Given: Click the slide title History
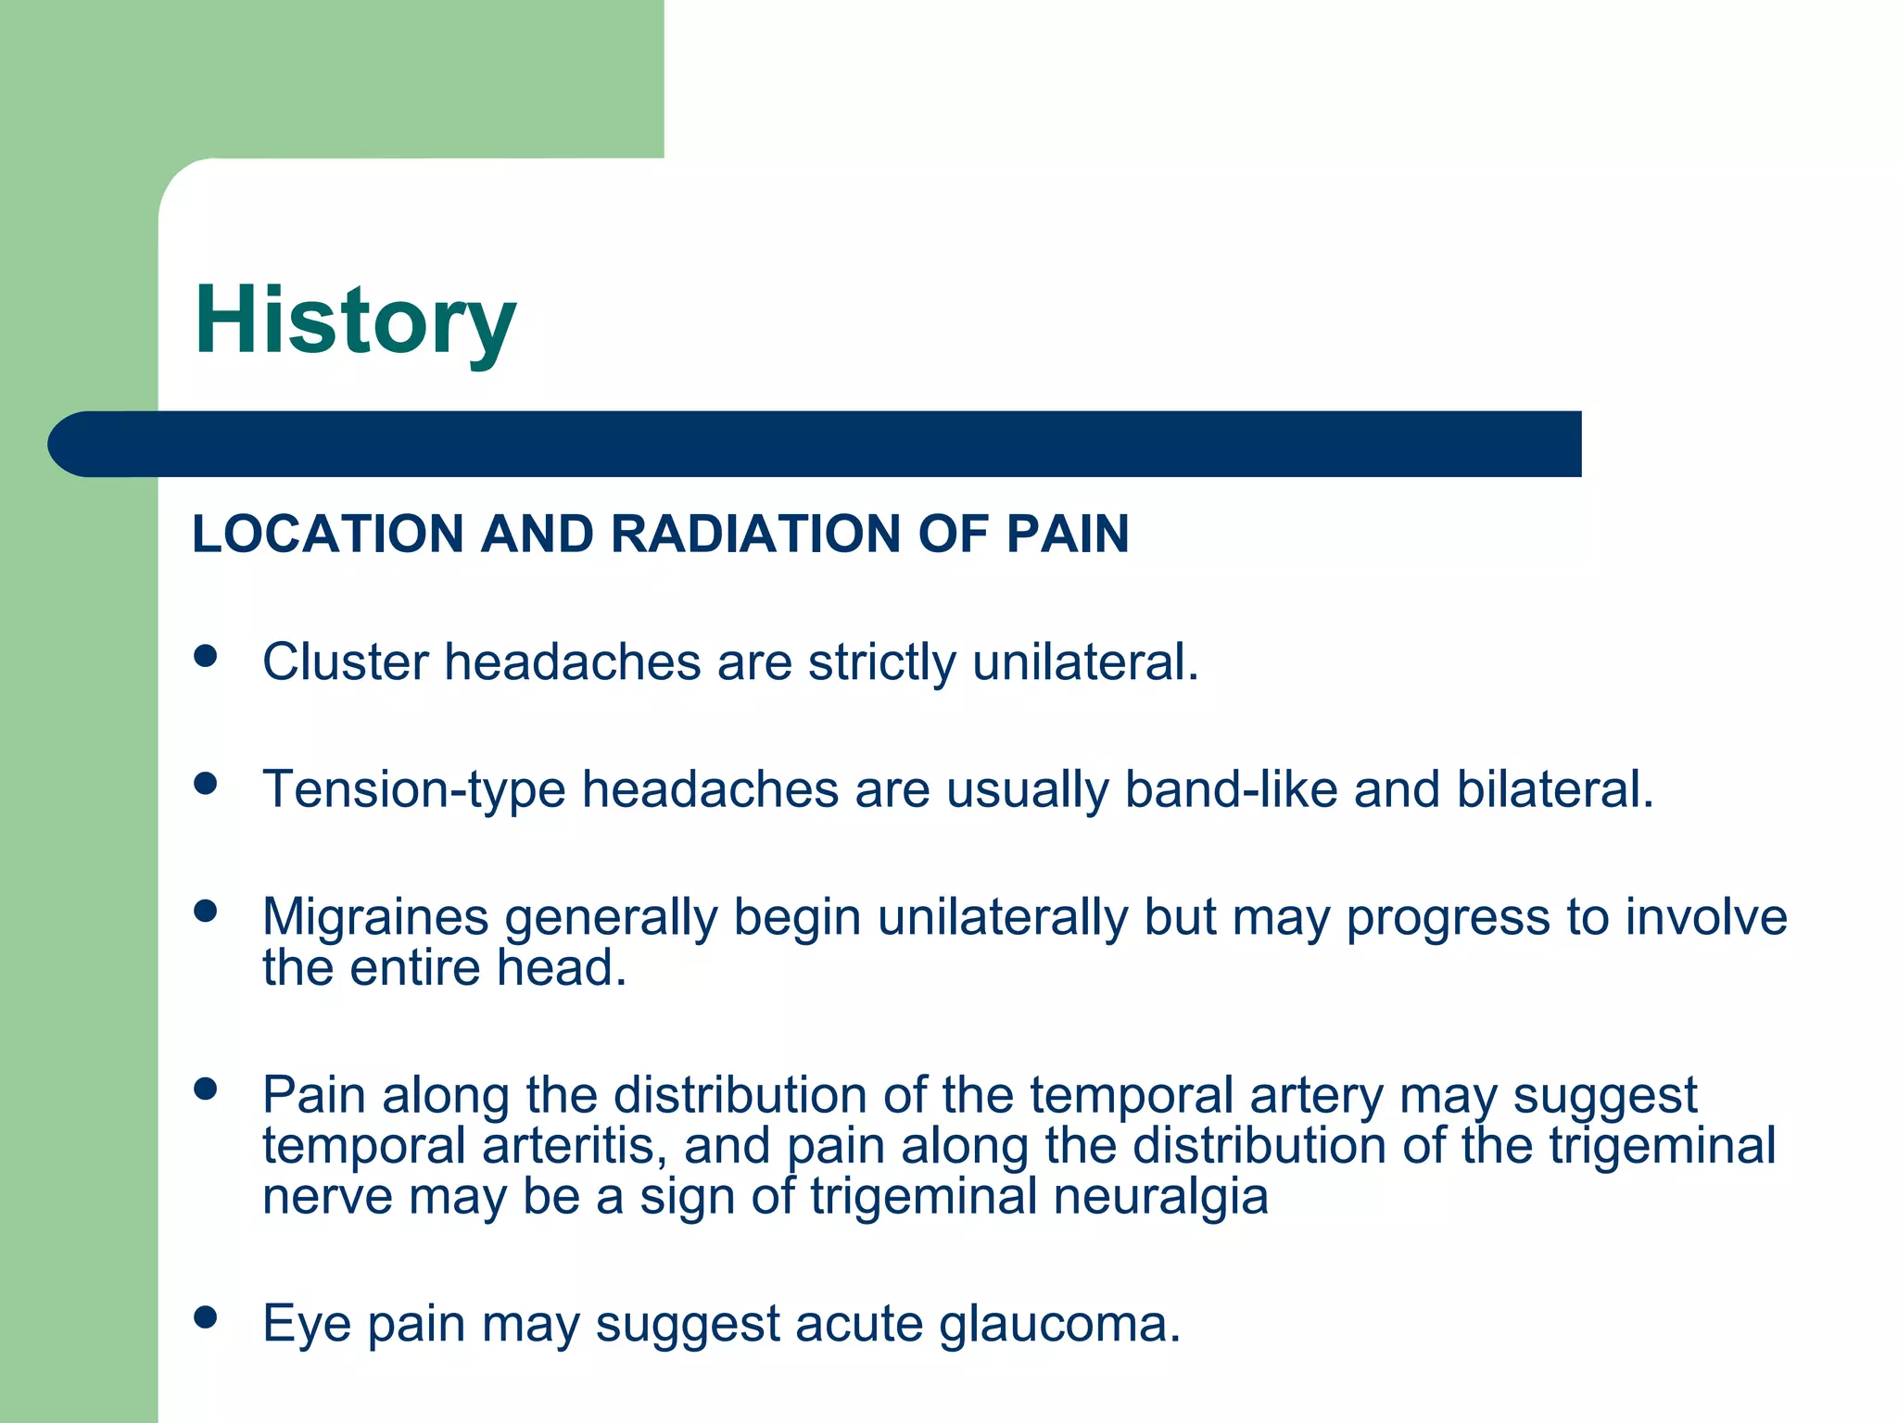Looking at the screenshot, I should tap(355, 321).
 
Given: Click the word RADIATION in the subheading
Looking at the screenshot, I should tap(755, 535).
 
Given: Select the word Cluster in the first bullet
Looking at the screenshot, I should tap(346, 662).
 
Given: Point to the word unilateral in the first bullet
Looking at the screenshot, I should tap(1085, 662).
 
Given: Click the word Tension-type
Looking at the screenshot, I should tap(414, 790).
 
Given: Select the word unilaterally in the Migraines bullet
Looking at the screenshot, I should tap(1003, 918).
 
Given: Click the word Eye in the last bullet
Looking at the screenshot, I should tap(307, 1324).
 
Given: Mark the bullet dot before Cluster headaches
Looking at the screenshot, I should tap(206, 657).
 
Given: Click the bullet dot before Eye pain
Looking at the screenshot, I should tap(206, 1316).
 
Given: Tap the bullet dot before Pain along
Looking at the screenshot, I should tap(206, 1089).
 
